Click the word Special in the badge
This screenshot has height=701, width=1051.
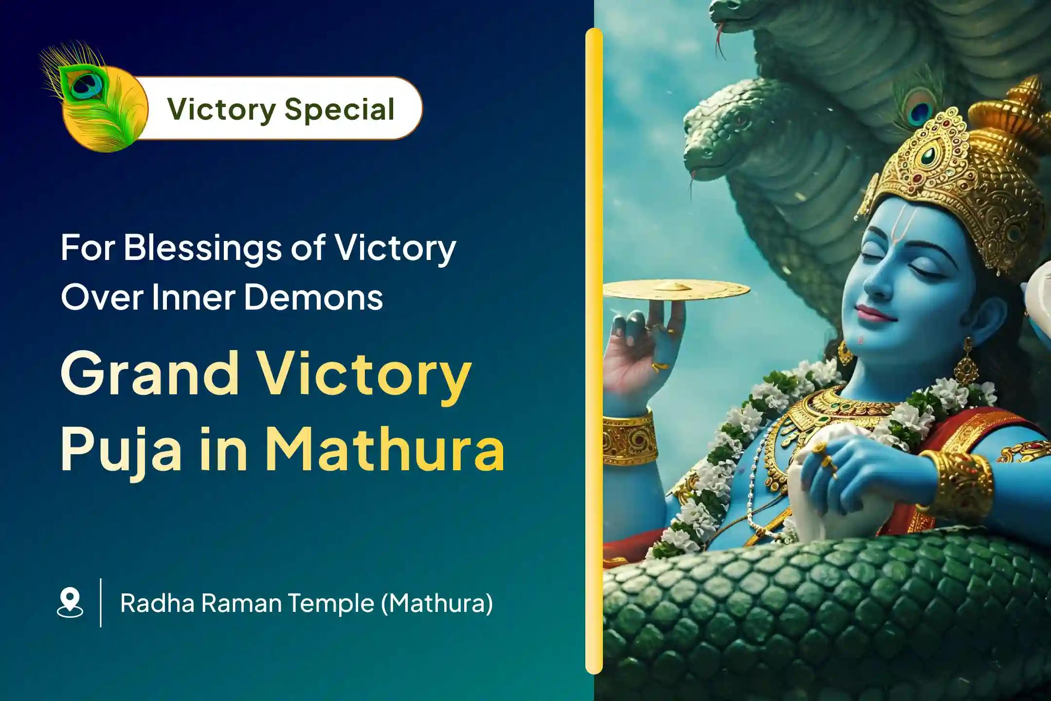click(x=339, y=110)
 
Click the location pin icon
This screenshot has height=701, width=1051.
click(x=70, y=602)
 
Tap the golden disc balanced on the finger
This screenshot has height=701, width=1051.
click(x=676, y=290)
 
